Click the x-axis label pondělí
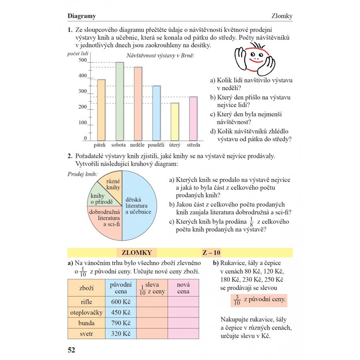157,145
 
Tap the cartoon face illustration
255,59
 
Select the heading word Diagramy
82,16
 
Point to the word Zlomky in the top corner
282,16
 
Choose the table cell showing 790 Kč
121,323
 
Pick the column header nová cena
183,288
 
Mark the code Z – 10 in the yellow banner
212,252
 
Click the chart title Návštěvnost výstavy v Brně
160,56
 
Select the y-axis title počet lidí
78,54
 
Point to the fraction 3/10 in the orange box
237,300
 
